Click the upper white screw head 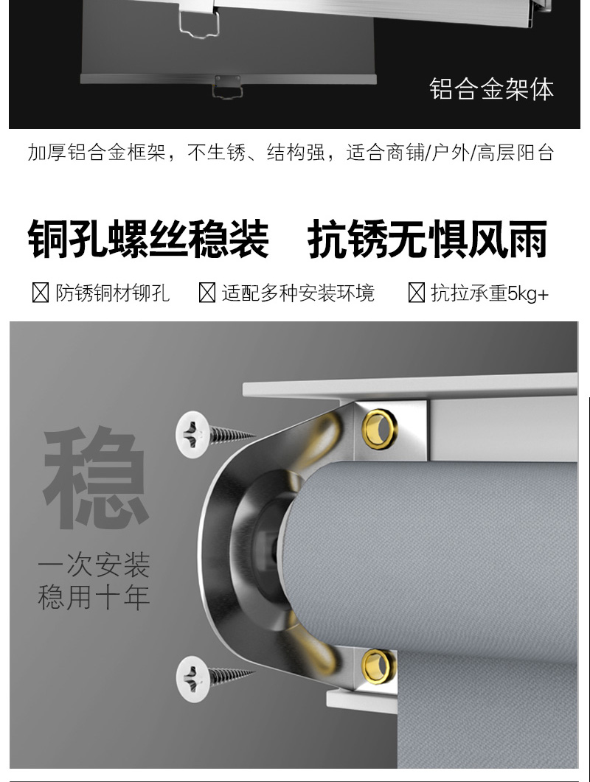coord(192,434)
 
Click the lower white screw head coord(192,679)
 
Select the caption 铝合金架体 coord(491,89)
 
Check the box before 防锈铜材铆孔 coord(41,293)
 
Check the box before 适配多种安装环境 coord(206,293)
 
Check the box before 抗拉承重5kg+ coord(416,293)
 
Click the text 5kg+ coord(528,293)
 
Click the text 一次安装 coord(94,565)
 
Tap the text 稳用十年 coord(94,596)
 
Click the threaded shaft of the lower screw coord(232,677)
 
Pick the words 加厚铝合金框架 coord(96,152)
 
